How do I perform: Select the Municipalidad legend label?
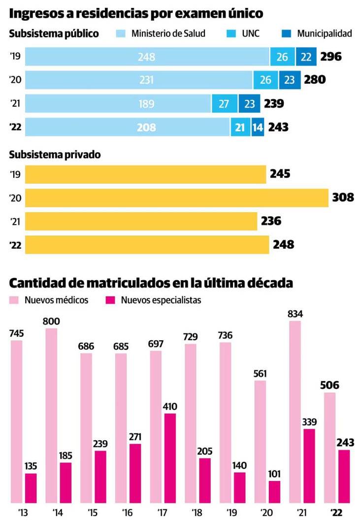[x=325, y=34]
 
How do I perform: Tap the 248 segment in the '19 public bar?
[x=147, y=57]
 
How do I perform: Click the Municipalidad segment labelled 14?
[x=258, y=127]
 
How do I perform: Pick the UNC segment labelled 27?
[x=225, y=104]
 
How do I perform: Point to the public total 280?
[x=315, y=80]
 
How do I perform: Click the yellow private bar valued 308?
[x=176, y=198]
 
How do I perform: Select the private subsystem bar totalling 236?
[x=141, y=221]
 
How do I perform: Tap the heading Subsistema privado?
[x=55, y=155]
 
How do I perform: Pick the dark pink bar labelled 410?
[x=170, y=458]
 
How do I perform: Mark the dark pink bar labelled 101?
[x=275, y=492]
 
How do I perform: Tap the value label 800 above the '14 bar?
[x=51, y=322]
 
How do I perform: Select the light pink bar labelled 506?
[x=330, y=448]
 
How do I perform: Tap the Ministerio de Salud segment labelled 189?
[x=118, y=104]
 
